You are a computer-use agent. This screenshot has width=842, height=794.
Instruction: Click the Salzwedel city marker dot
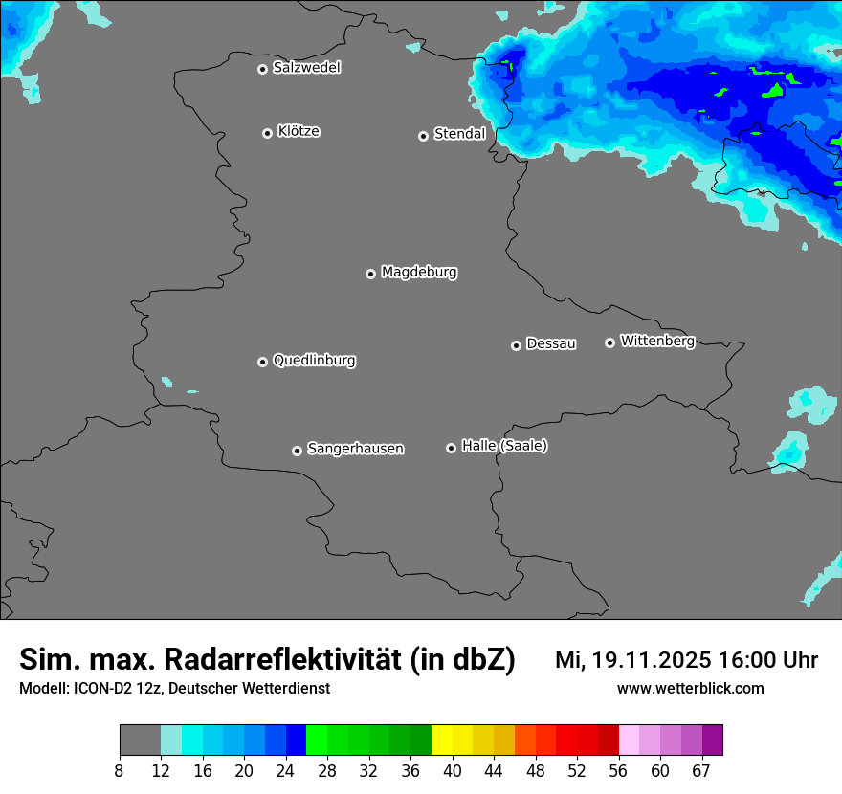coord(262,69)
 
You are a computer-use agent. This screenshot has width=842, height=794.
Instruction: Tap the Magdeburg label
coord(419,273)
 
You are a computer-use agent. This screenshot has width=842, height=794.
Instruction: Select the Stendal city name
coord(459,134)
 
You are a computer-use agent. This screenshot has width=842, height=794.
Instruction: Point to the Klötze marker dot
coord(267,133)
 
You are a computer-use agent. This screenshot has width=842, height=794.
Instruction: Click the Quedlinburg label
coord(314,361)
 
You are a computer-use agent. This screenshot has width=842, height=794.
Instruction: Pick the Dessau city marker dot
coord(516,345)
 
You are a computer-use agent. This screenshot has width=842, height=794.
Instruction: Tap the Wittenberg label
coord(657,341)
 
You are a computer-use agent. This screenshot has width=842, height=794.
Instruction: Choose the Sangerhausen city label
coord(355,449)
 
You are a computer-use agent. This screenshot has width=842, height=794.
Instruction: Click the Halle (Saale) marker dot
coord(451,448)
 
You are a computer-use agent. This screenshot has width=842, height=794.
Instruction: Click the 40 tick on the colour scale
coord(453,770)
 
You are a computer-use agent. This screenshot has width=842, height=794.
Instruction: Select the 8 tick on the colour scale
coord(119,770)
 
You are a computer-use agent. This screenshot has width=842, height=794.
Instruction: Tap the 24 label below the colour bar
coord(285,770)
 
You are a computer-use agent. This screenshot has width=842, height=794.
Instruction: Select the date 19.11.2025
coord(651,660)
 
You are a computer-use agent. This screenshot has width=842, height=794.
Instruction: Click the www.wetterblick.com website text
coord(690,688)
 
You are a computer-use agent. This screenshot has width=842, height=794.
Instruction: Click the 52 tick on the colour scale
coord(577,770)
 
